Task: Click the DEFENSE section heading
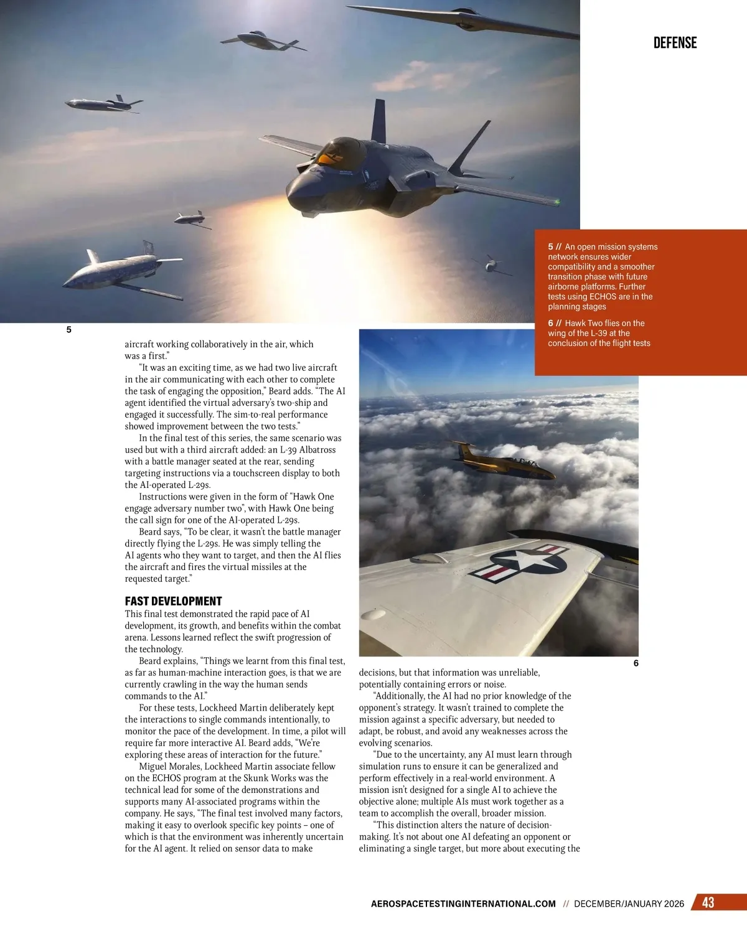pos(675,43)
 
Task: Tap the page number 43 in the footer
pos(708,902)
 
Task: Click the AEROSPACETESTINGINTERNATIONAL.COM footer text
pos(463,904)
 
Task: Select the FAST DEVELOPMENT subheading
pos(173,601)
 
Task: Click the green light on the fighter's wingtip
pos(557,202)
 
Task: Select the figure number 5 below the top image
pos(68,330)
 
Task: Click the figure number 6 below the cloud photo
pos(636,663)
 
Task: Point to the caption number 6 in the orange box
pos(551,323)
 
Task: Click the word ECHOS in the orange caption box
pos(602,297)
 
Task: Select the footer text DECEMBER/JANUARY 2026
pos(629,904)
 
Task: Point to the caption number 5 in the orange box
pos(551,247)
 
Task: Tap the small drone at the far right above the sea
pos(492,265)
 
